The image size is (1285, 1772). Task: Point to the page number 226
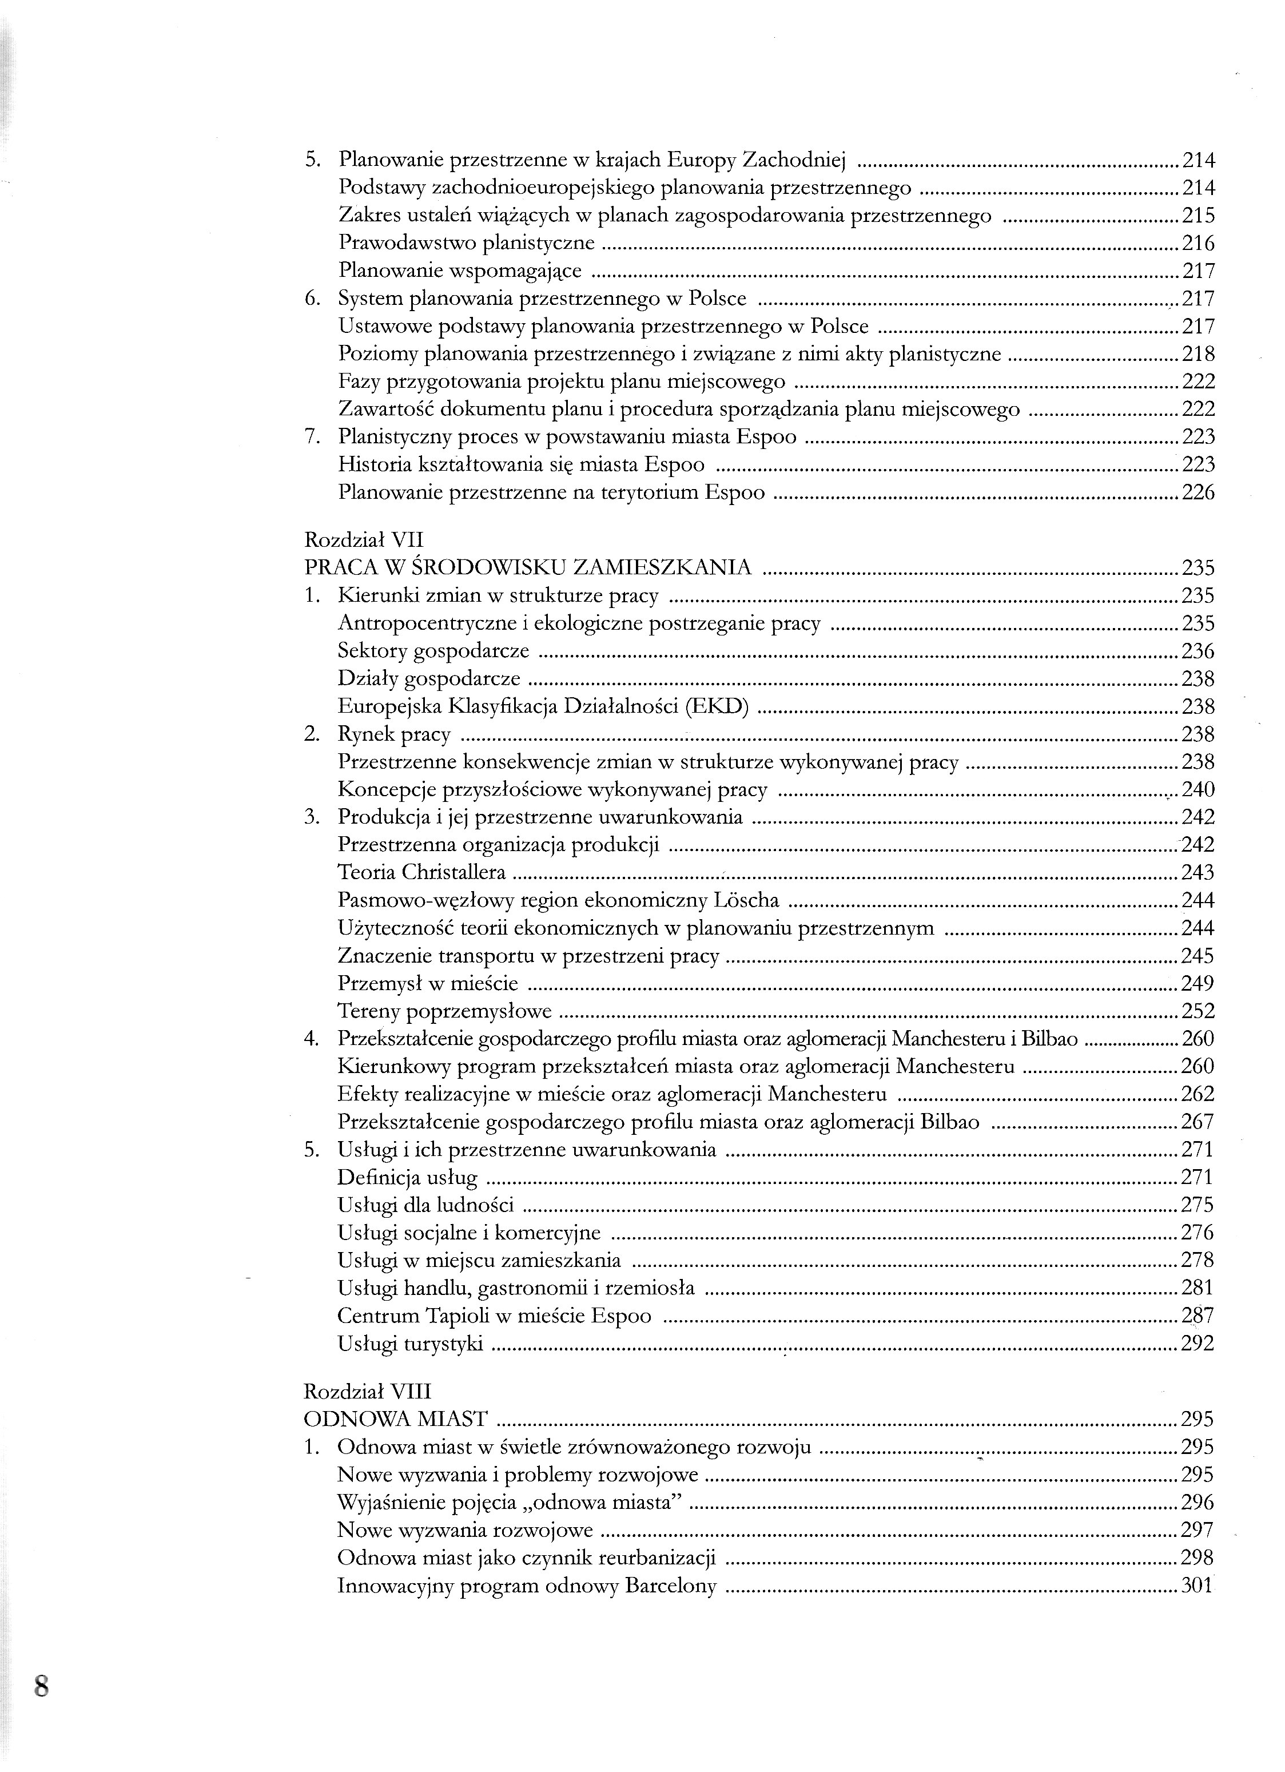point(1198,492)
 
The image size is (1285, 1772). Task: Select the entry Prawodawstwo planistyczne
point(466,243)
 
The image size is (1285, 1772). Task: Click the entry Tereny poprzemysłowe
point(444,1011)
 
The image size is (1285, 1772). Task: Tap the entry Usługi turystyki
point(410,1343)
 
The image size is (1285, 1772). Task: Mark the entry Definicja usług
point(407,1178)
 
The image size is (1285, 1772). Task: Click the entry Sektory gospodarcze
point(433,651)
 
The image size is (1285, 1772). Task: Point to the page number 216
point(1198,243)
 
